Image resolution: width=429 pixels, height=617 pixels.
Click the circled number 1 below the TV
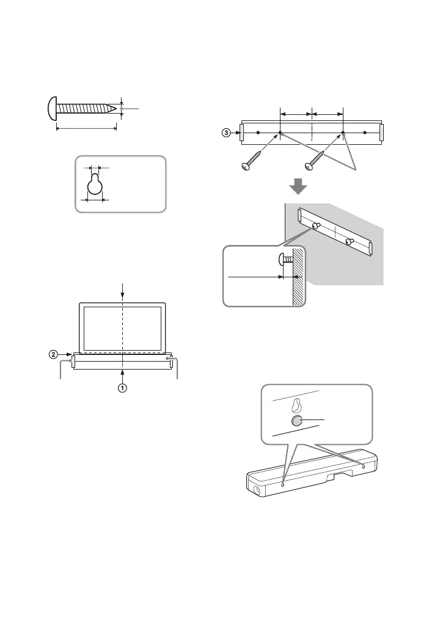(123, 387)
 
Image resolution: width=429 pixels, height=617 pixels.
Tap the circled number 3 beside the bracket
(226, 133)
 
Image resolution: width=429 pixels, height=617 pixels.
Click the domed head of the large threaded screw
(52, 108)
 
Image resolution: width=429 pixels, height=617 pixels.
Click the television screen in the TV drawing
(123, 327)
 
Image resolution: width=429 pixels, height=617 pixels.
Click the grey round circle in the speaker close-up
(297, 421)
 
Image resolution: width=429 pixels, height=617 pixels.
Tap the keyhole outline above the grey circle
(296, 404)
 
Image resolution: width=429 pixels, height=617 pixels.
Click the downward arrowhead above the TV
(123, 298)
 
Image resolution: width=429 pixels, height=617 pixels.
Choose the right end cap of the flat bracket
(381, 132)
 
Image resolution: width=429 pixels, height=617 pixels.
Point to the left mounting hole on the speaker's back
(282, 484)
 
